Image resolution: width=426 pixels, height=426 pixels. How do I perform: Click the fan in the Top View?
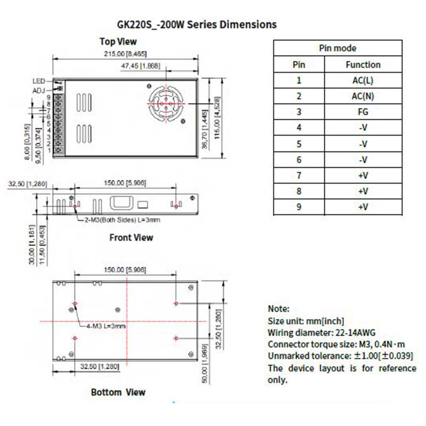165,103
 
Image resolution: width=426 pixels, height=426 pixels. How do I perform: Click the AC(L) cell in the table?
363,80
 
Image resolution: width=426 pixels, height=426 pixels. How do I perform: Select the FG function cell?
363,112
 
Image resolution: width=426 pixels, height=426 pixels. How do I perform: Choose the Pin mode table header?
337,48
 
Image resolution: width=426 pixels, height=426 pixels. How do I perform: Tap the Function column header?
363,64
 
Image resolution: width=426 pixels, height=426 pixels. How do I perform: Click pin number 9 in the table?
299,207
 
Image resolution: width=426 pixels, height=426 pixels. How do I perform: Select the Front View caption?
131,237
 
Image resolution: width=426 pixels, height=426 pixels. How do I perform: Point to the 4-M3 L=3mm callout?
103,326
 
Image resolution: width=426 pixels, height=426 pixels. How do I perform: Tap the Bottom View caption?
118,392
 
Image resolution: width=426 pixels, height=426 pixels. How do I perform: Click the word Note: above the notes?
279,309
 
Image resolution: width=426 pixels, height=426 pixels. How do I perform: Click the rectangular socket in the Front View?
122,203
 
